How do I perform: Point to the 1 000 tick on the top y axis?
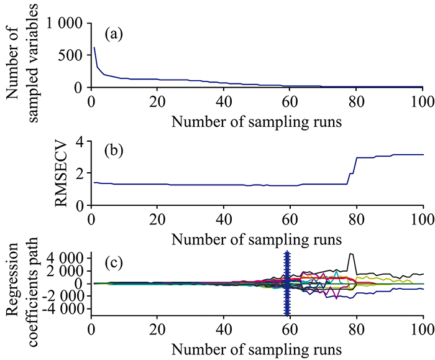pos(65,24)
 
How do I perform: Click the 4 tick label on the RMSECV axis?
pos(81,141)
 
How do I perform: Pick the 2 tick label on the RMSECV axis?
pos(81,173)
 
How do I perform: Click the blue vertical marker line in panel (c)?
pos(287,283)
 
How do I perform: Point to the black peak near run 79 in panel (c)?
pos(352,254)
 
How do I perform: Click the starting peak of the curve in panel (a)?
pos(94,47)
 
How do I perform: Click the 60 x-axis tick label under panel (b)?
pos(290,219)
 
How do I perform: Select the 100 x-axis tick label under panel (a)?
pos(423,101)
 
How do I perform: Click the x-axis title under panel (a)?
pos(257,120)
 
